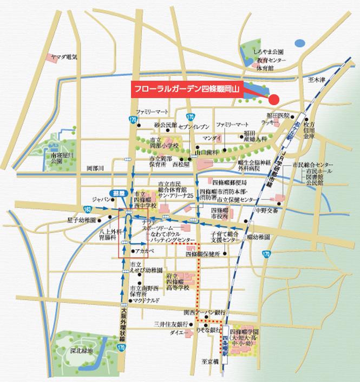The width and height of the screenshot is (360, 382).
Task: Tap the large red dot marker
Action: coord(274,100)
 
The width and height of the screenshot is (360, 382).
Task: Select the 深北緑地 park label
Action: coord(81,352)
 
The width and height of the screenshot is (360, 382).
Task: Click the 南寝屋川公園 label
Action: coord(61,157)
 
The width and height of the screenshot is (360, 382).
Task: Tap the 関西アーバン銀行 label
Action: coord(204,313)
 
